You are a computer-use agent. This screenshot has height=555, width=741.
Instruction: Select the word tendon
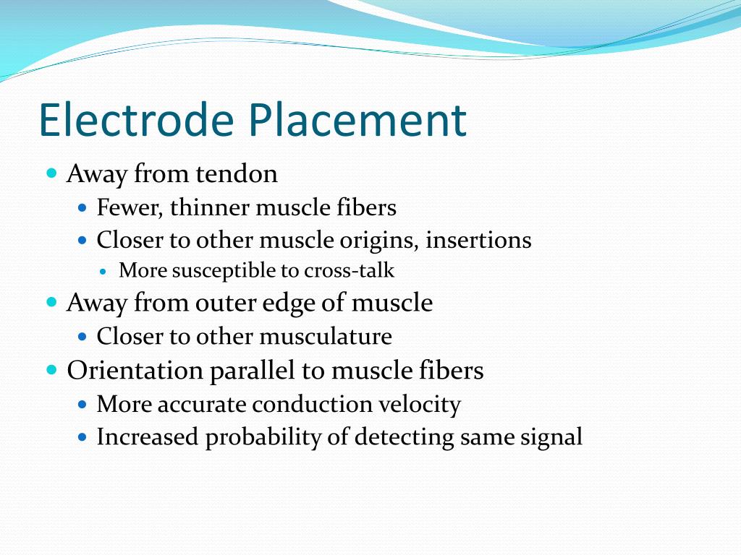[236, 174]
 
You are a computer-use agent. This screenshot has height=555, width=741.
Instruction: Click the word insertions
[478, 240]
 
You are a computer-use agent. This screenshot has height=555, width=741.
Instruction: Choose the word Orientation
[135, 370]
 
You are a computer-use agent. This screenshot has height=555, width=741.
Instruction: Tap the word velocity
[418, 404]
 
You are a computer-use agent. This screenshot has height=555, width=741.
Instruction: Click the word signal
[549, 437]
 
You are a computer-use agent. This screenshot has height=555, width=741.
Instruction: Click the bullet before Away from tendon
[51, 174]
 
